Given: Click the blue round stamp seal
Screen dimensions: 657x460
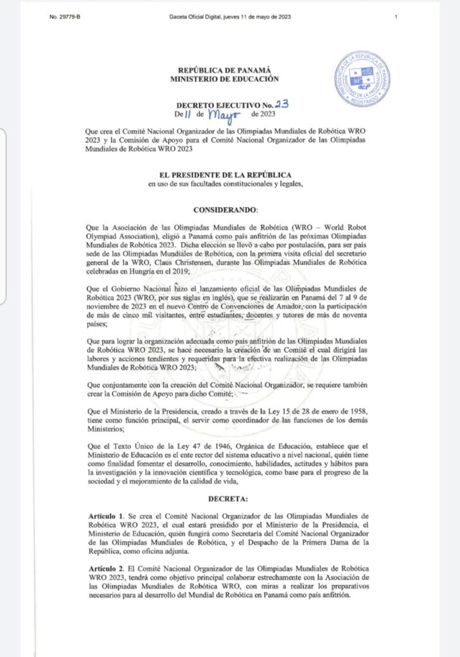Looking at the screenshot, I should pos(362,80).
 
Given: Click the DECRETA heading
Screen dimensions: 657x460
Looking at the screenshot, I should pos(230,497).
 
